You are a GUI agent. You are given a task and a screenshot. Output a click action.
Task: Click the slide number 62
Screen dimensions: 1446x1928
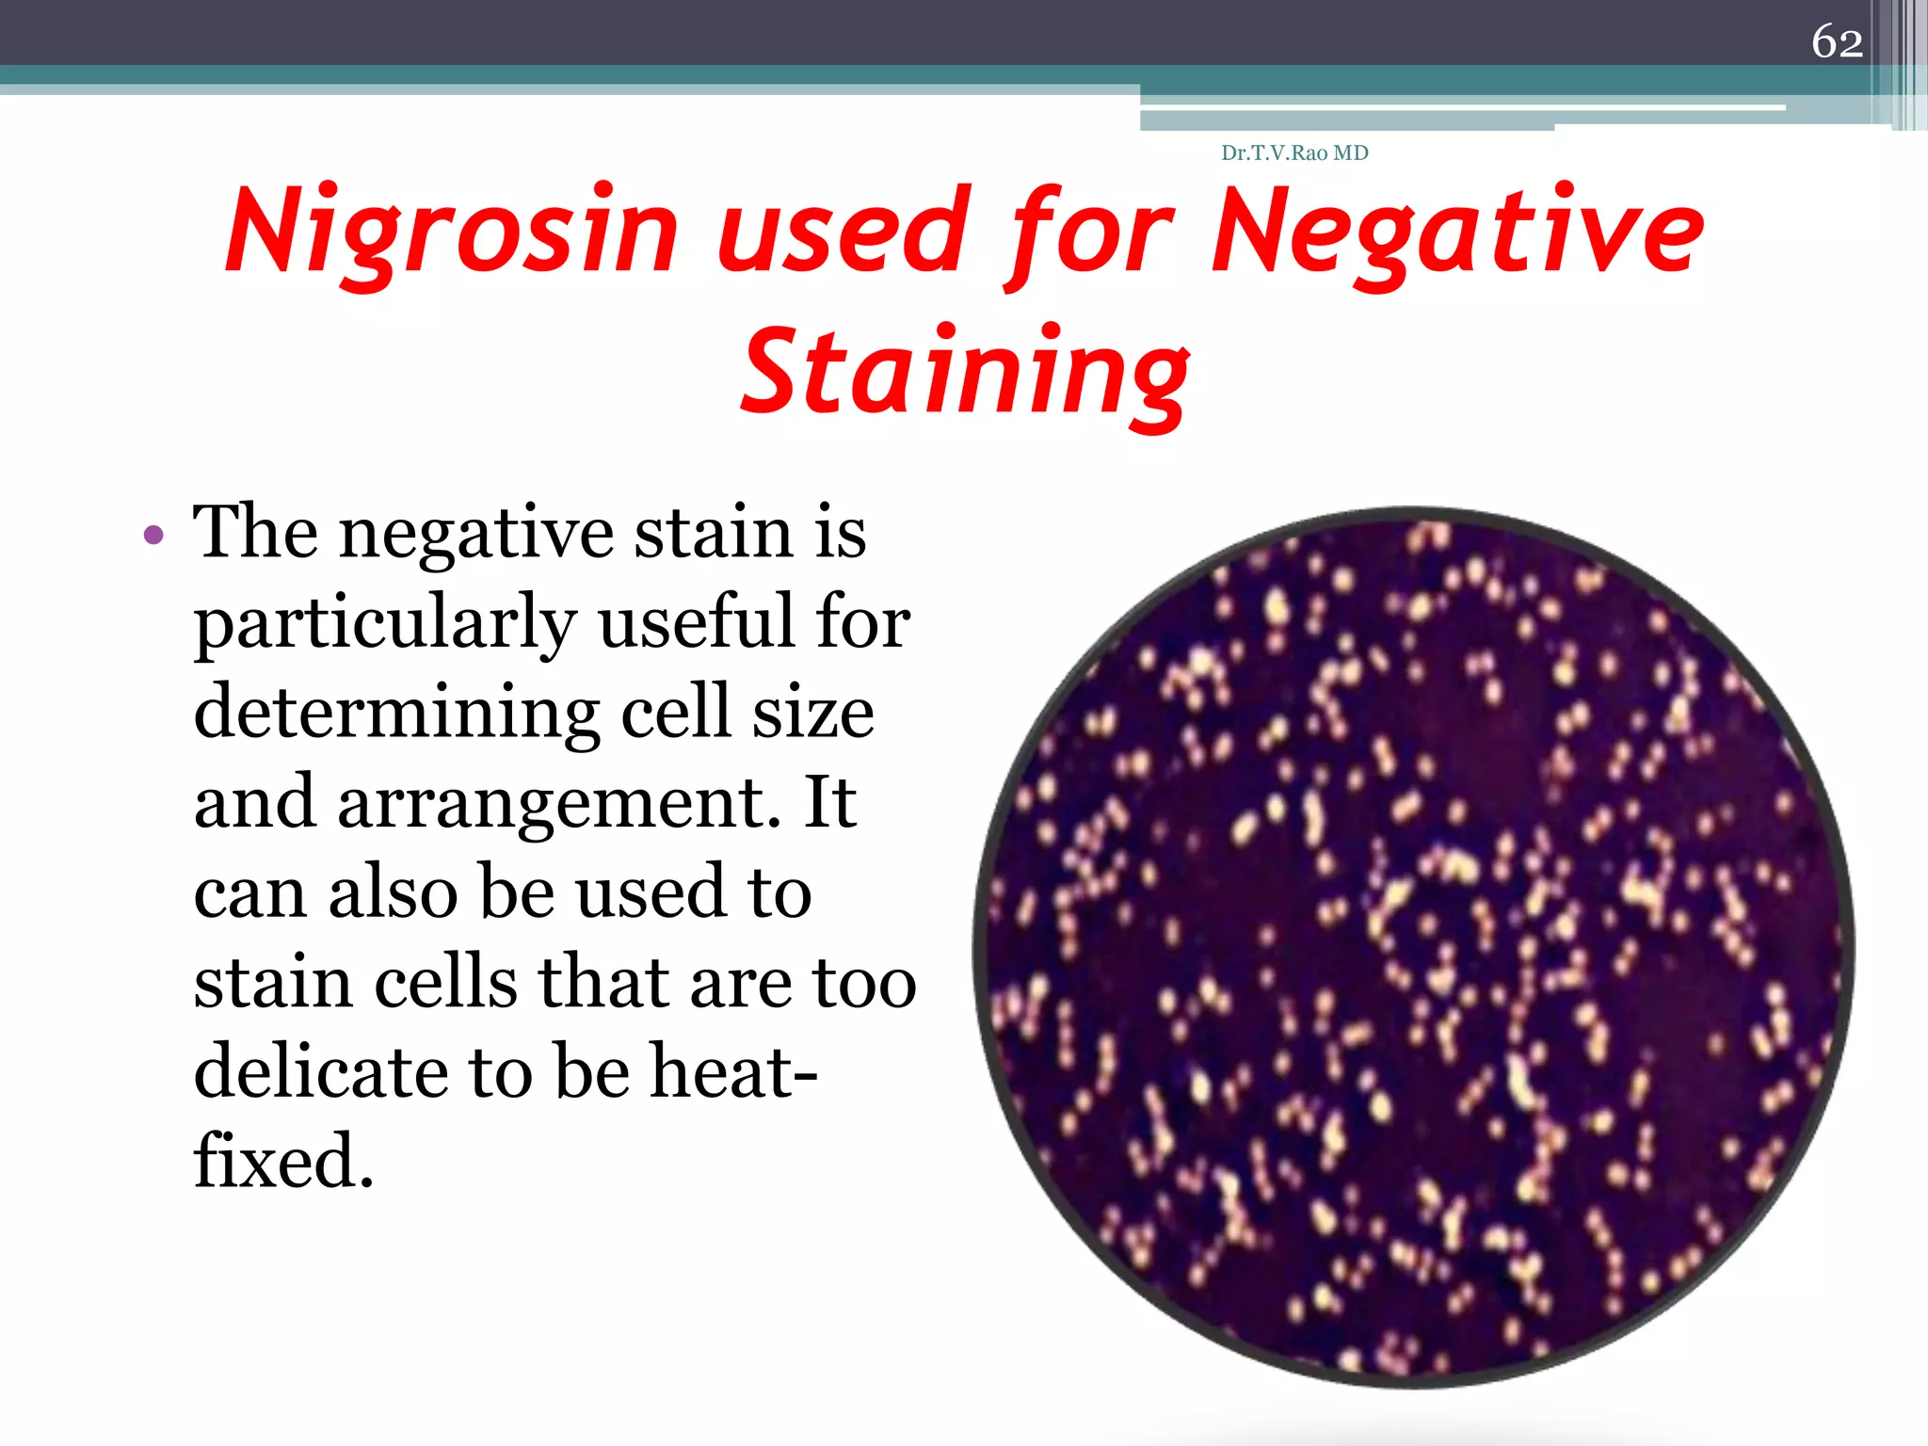click(x=1837, y=42)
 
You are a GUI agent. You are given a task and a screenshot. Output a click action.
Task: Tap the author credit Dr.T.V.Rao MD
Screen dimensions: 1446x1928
click(x=1294, y=153)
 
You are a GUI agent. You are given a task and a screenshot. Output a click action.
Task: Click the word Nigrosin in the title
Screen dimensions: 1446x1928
click(x=452, y=232)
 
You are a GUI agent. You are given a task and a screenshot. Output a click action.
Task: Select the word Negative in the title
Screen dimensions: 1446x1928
click(x=1457, y=232)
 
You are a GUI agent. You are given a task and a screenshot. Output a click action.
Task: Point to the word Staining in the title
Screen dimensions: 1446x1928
click(x=966, y=373)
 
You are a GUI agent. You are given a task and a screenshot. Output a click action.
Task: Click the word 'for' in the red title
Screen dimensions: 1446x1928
click(x=1092, y=232)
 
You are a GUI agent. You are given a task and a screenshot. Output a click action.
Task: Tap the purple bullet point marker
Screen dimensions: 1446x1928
click(x=153, y=536)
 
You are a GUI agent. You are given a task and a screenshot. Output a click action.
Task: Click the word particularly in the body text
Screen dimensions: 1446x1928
click(x=385, y=624)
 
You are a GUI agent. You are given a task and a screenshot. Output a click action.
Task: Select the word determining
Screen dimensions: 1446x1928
click(x=396, y=713)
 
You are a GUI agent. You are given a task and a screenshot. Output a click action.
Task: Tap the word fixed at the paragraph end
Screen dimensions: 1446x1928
click(x=283, y=1161)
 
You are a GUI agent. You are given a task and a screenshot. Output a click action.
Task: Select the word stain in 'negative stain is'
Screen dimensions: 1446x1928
click(x=713, y=533)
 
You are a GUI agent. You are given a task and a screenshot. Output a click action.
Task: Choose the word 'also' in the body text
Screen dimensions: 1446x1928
click(x=394, y=892)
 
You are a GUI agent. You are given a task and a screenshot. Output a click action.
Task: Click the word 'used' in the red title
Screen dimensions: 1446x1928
click(x=843, y=232)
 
